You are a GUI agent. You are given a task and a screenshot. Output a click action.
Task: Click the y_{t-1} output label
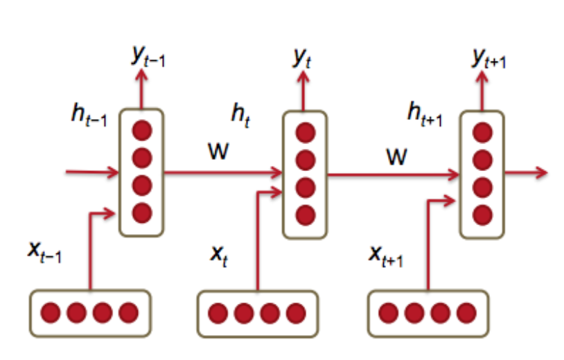[148, 57]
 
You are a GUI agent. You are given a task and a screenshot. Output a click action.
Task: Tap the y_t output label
[300, 57]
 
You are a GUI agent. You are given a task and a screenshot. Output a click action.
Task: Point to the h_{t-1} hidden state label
[88, 114]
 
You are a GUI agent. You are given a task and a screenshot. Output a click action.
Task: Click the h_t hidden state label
[242, 114]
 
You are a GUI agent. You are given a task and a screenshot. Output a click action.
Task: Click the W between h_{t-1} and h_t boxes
[219, 150]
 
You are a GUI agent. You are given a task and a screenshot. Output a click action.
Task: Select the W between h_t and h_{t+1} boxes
[396, 158]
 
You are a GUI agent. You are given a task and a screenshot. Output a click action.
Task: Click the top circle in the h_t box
[306, 132]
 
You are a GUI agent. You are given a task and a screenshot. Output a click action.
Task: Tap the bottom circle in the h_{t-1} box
[142, 212]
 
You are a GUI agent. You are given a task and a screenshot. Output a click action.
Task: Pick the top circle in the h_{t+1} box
[484, 132]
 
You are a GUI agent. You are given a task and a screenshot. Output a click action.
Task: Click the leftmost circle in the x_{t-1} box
[51, 313]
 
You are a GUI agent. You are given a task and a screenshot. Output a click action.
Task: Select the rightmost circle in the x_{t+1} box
[466, 314]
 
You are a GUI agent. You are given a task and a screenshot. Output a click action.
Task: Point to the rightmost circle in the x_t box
[296, 314]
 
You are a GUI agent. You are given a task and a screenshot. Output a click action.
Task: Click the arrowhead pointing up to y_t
[300, 76]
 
